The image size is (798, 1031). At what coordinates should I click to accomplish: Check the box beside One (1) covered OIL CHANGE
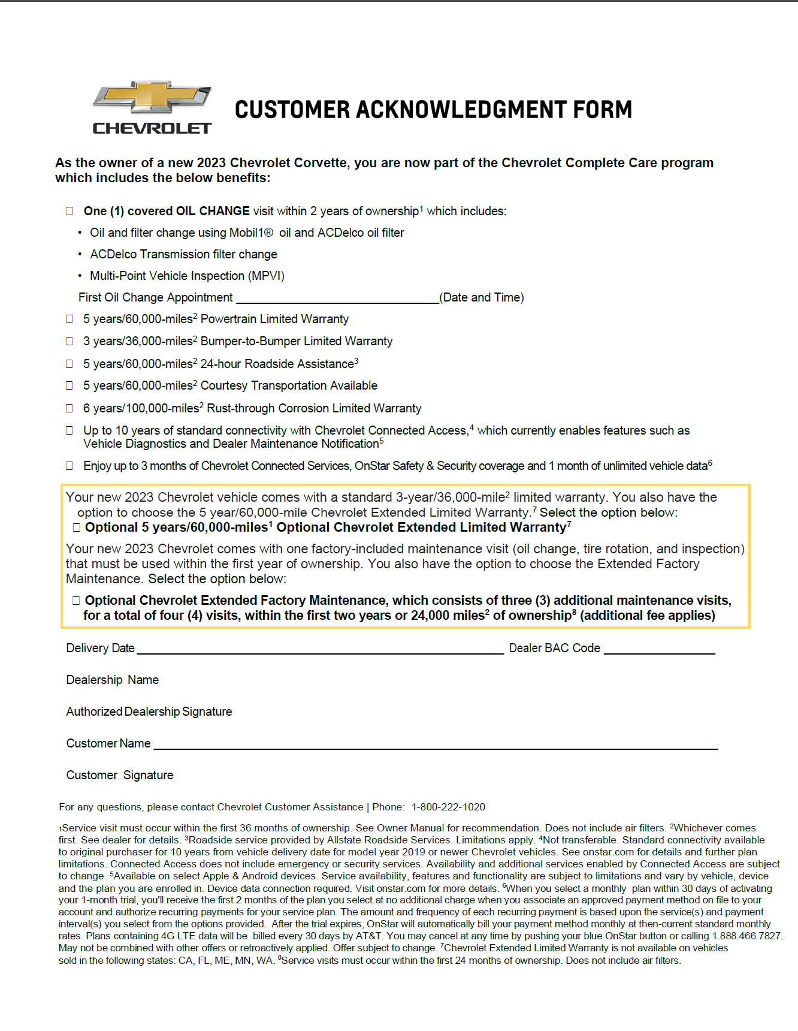(x=69, y=211)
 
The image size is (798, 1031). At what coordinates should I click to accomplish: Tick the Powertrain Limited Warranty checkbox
(x=69, y=319)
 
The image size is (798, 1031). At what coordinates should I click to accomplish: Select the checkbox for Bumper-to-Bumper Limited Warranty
(x=69, y=341)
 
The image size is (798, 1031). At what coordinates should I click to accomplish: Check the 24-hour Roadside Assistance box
(x=69, y=364)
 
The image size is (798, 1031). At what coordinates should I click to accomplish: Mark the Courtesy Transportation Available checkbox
(x=69, y=385)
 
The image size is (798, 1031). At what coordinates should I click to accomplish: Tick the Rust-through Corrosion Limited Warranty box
(x=69, y=408)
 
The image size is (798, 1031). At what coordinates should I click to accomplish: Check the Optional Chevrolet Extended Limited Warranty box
(x=76, y=527)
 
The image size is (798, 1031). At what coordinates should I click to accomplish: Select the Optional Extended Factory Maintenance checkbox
(x=76, y=601)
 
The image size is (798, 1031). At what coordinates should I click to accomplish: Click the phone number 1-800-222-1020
(x=448, y=807)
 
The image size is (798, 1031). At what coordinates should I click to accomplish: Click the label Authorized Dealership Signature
(x=149, y=712)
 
